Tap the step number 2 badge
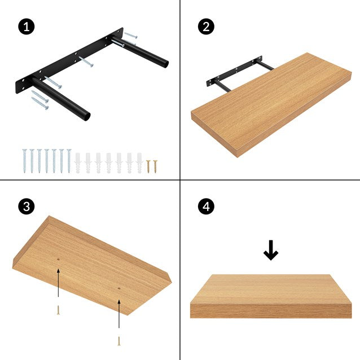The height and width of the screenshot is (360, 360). [x=206, y=27]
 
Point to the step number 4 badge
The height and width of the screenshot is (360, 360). [x=206, y=207]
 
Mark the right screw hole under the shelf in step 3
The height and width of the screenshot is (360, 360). [x=119, y=287]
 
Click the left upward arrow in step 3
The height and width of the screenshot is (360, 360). [x=58, y=282]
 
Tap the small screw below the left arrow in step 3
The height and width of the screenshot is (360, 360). [x=58, y=310]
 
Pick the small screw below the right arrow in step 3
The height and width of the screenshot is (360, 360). [x=119, y=341]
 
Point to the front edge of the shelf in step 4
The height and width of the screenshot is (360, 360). [x=271, y=310]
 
